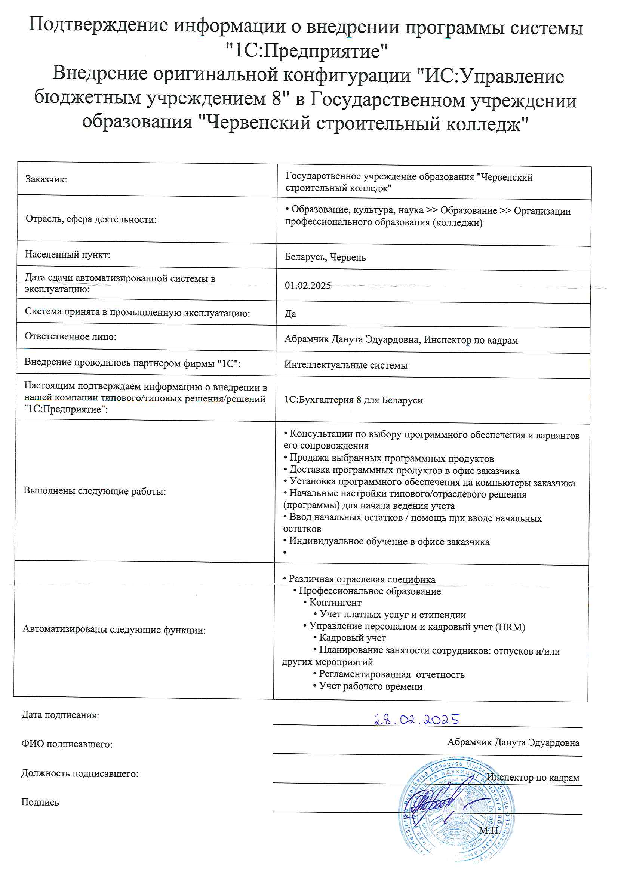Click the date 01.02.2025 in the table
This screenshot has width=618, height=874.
tap(308, 286)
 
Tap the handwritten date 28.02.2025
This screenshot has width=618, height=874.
tap(417, 720)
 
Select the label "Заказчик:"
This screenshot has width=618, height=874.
tap(46, 179)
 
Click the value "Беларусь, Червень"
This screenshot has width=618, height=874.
tap(325, 257)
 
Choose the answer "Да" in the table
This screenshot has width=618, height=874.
tap(290, 314)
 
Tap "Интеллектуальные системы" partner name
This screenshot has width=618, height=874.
tap(346, 365)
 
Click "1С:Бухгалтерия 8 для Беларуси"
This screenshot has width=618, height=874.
tap(353, 400)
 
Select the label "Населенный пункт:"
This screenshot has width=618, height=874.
tap(67, 254)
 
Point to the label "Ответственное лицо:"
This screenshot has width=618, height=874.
tap(70, 336)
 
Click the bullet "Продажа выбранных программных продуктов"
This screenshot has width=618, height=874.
tap(391, 459)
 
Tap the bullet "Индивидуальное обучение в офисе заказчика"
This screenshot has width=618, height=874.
tap(389, 541)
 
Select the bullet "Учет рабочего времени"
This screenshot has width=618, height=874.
tap(371, 686)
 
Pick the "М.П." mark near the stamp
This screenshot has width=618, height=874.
tap(489, 831)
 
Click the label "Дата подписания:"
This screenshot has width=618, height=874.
tap(60, 715)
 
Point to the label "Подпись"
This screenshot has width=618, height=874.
tap(40, 803)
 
